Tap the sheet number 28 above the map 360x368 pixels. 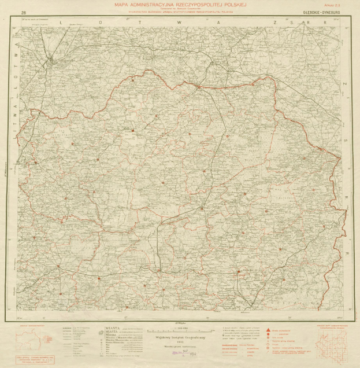coord(23,12)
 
